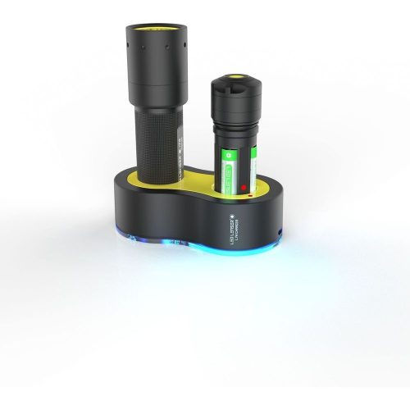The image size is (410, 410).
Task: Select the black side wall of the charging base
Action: point(164,221)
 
